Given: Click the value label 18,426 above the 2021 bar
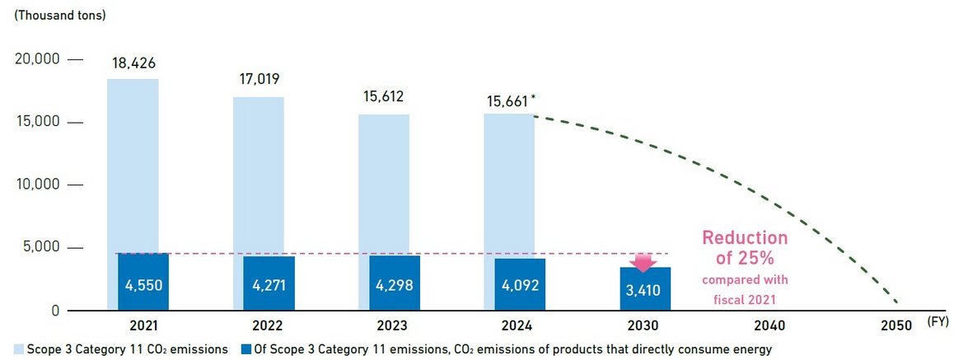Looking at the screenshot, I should pyautogui.click(x=133, y=63).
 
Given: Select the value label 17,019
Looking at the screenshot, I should pyautogui.click(x=259, y=80).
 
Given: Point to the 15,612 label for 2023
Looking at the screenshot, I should pyautogui.click(x=384, y=96).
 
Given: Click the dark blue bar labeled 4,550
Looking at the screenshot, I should pyautogui.click(x=143, y=283).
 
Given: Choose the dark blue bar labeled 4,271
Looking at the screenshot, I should pyautogui.click(x=269, y=284).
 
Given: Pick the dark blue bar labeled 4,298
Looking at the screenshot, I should pyautogui.click(x=395, y=284).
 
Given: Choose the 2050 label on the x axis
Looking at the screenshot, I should pyautogui.click(x=896, y=325).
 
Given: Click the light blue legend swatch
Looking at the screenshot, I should pyautogui.click(x=18, y=349).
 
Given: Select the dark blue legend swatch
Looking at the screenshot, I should pyautogui.click(x=244, y=349).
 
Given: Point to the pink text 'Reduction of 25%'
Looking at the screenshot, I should pyautogui.click(x=745, y=247).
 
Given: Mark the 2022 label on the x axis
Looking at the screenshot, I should pyautogui.click(x=269, y=325).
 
